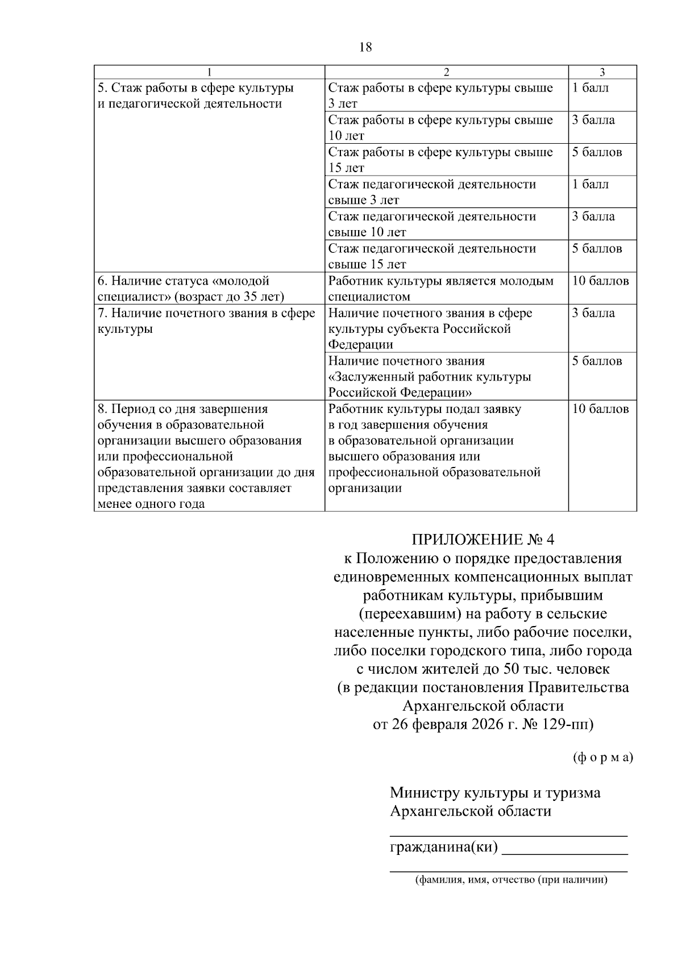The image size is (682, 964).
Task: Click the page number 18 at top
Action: pos(365,47)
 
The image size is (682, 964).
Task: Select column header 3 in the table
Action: pos(602,72)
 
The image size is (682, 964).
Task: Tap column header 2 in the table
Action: pos(446,72)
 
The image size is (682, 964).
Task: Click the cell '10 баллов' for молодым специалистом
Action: pos(600,281)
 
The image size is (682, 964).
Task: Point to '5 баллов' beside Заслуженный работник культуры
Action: pos(597,361)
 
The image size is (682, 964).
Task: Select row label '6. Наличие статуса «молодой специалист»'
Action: pos(190,289)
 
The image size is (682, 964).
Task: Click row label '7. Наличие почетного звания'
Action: pos(206,321)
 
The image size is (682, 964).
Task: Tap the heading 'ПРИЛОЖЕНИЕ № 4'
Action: pos(482,539)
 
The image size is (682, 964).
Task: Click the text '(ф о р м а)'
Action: pos(602,757)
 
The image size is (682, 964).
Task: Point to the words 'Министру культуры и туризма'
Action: pos(495,792)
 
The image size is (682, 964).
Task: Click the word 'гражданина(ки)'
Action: pos(443,848)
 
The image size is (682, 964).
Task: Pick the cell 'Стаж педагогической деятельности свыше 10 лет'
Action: pos(432,224)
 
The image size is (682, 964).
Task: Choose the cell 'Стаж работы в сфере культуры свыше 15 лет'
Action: pos(440,160)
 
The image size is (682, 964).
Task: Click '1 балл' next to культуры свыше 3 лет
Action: pos(590,88)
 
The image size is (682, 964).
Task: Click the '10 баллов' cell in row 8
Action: pos(600,409)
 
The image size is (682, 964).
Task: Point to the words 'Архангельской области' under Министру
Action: pos(471,811)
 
